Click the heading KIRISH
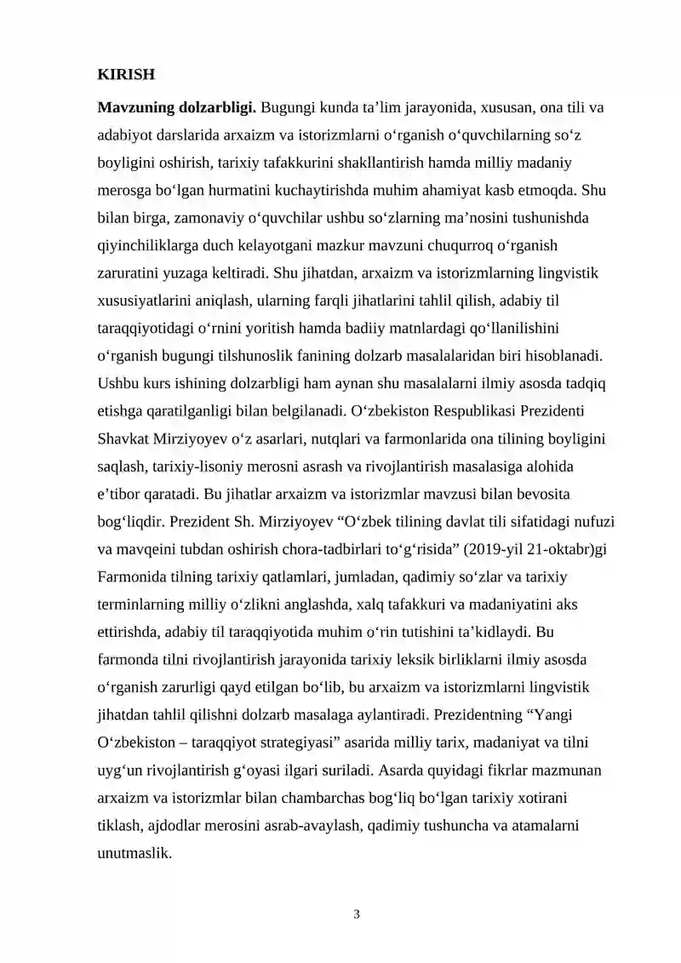coord(126,75)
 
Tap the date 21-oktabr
coord(552,548)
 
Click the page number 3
coord(357,915)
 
